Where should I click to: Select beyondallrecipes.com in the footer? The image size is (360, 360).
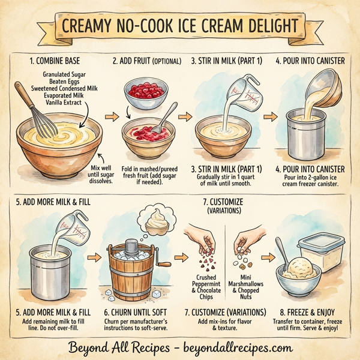pyautogui.click(x=238, y=347)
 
